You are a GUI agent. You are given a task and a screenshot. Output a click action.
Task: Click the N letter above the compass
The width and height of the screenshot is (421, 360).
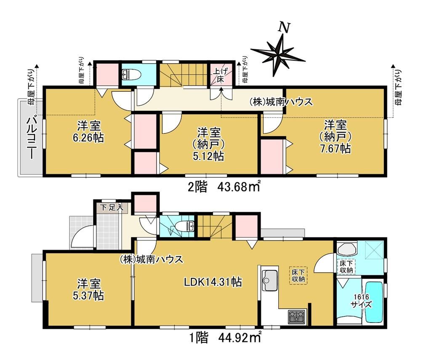coord(284,27)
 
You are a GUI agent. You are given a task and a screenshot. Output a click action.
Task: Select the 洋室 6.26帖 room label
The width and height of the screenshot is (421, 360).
coord(88,131)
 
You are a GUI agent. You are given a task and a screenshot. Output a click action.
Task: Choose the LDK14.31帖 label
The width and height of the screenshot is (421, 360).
coord(213,282)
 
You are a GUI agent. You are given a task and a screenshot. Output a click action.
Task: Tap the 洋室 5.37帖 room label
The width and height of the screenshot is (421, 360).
coord(88,289)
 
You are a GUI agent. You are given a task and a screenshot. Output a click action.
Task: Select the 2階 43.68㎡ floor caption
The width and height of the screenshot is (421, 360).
coord(224,187)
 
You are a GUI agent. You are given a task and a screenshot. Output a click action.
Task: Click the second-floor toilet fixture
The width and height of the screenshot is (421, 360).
coord(128,75)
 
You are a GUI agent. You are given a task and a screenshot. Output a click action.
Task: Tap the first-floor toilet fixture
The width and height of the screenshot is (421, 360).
coord(185,226)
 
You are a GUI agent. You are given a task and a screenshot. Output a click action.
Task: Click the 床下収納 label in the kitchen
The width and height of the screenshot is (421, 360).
coord(298,275)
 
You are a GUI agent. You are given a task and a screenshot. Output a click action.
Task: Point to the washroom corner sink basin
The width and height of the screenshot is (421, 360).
coord(347,249)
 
